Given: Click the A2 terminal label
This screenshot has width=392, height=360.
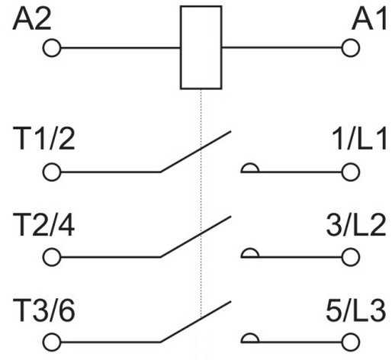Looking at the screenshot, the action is [x=32, y=18].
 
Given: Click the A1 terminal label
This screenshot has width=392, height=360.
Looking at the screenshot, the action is [x=369, y=18].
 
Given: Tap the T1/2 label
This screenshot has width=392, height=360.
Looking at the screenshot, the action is [x=44, y=139].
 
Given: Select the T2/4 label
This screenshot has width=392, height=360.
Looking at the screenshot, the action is [x=44, y=225].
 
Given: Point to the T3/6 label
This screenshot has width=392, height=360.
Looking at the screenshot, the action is [x=44, y=310].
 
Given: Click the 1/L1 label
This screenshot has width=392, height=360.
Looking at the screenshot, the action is [x=359, y=139].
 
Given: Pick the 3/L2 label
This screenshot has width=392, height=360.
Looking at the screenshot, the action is [x=356, y=225].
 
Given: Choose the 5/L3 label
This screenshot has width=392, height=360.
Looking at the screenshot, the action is [x=356, y=310].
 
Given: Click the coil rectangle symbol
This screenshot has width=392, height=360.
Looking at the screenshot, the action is [x=181, y=47].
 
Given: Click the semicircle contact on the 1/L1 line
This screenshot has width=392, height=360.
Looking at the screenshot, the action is [x=250, y=164].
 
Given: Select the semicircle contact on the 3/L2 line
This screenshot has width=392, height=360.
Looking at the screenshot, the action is [x=250, y=249].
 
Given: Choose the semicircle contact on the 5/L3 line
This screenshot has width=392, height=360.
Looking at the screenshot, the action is [x=250, y=334].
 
